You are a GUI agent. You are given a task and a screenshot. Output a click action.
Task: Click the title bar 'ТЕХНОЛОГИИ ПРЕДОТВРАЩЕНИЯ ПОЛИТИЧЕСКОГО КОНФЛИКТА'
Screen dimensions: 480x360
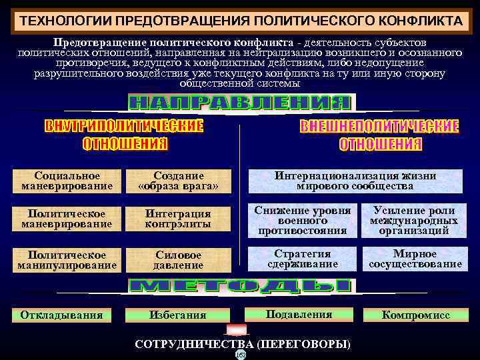(x=240, y=19)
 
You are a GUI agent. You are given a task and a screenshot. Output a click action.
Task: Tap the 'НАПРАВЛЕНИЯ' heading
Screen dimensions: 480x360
(x=240, y=103)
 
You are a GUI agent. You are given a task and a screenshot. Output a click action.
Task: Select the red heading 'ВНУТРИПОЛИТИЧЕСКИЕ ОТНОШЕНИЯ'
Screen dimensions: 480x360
(x=125, y=135)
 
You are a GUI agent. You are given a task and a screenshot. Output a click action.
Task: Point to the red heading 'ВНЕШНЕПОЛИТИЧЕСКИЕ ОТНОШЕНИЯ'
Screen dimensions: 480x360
(x=380, y=135)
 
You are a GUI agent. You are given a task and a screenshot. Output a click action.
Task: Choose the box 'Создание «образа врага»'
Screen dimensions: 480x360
(x=178, y=181)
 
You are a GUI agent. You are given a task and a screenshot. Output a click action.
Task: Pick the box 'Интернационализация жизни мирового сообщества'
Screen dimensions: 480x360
(x=355, y=181)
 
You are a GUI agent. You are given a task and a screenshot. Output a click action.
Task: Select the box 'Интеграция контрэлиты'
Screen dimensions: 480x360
(x=178, y=219)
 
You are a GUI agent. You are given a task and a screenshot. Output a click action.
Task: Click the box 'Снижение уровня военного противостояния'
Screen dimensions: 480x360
(x=303, y=220)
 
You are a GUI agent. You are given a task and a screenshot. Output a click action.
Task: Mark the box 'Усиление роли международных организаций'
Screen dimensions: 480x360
(x=414, y=220)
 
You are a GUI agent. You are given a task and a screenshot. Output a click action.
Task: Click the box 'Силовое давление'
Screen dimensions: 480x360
(x=178, y=259)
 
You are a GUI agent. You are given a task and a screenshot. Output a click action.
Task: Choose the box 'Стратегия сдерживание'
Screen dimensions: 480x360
(x=303, y=259)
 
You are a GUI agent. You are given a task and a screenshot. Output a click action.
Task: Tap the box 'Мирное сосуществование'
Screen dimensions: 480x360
(x=414, y=259)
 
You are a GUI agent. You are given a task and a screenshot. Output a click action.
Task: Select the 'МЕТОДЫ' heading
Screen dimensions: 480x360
(x=240, y=287)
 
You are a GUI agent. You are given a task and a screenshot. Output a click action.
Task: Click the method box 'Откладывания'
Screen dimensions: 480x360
(x=61, y=315)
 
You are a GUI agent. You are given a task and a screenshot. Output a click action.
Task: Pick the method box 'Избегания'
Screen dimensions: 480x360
(x=178, y=315)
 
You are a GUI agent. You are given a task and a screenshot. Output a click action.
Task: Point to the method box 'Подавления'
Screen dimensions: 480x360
(x=299, y=314)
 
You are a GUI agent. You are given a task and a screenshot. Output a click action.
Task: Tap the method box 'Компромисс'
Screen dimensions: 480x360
(x=415, y=315)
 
